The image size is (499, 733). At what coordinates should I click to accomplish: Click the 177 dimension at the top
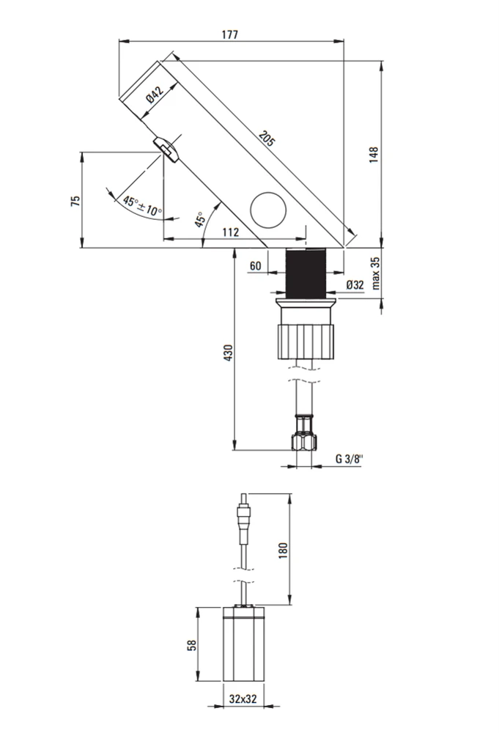pos(230,34)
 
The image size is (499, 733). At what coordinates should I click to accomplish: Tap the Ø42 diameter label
pos(155,94)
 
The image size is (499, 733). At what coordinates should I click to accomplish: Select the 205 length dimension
pos(267,139)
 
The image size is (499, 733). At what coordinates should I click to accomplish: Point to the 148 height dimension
pos(374,155)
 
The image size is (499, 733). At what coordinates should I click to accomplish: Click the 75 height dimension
pos(75,202)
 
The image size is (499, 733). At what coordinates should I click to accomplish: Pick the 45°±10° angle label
pos(142,206)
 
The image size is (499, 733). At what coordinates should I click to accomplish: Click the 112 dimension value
pos(230,232)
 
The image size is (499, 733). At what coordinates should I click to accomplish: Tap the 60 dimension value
pos(256,266)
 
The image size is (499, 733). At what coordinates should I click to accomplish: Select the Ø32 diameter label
pos(355,284)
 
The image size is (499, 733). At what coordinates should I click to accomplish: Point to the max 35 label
pos(376,273)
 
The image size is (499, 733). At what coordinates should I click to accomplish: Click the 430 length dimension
pos(228,353)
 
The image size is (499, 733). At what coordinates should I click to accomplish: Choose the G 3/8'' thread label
pos(349,459)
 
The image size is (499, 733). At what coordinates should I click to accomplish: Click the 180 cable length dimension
pos(282,550)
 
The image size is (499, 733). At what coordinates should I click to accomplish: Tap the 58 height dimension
pos(191,646)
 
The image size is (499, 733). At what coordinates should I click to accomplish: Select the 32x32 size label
pos(243,699)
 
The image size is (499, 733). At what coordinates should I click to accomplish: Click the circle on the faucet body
pos(268,210)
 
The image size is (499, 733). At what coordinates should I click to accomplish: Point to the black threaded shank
pos(305,273)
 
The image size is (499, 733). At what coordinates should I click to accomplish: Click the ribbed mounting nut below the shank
pos(306,342)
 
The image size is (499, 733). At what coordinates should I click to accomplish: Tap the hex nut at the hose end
pos(304,442)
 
